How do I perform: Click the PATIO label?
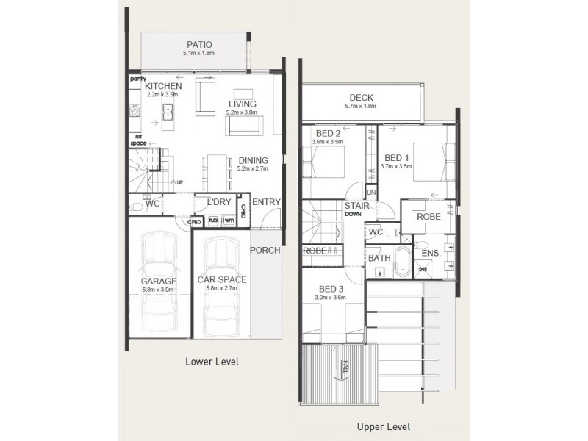click(x=199, y=44)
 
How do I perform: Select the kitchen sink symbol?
click(x=168, y=112)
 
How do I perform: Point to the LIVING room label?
click(x=242, y=104)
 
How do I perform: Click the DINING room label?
click(x=252, y=160)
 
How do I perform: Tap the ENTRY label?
click(x=265, y=202)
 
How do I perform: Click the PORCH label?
click(x=265, y=250)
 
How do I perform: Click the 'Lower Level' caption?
click(x=212, y=362)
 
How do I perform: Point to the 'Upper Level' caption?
click(x=382, y=426)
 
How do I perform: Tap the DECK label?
click(x=362, y=97)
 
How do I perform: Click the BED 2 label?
click(x=326, y=133)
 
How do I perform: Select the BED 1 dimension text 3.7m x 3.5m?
click(x=396, y=167)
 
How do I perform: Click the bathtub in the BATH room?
click(x=403, y=262)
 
